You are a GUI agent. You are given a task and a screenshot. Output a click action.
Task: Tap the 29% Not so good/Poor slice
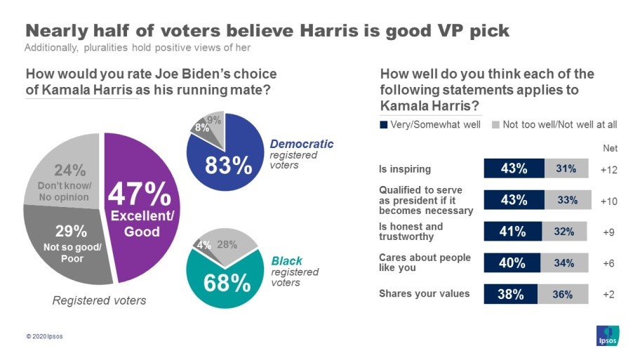coord(70,242)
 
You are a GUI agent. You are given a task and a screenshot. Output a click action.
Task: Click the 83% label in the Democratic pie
coord(228,166)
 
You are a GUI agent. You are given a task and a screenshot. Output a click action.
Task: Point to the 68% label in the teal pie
coord(227,283)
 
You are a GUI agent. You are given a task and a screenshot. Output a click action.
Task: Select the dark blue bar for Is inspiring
coord(514,168)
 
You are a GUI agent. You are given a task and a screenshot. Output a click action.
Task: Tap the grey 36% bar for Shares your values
coord(563,295)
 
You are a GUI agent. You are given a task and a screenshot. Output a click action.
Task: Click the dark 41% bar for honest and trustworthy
coord(512,232)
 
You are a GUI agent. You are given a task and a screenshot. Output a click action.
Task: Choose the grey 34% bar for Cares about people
coord(564,263)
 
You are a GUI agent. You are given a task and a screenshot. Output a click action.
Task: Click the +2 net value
coord(608,295)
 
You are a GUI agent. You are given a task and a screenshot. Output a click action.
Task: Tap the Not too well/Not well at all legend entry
coord(554,125)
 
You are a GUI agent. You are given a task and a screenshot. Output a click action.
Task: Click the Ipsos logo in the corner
coord(607,335)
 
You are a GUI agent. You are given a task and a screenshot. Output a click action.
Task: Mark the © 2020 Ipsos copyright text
coord(44,336)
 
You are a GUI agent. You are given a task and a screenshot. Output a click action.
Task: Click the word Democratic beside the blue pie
coord(302,144)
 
